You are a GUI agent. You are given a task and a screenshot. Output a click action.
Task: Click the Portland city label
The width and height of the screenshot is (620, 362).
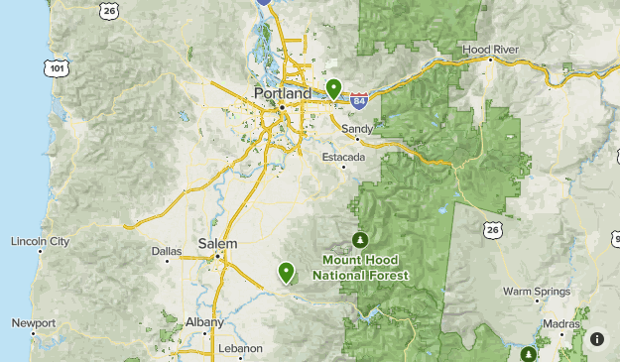coord(283,92)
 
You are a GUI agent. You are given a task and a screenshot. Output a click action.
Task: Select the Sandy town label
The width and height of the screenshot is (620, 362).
coord(357,129)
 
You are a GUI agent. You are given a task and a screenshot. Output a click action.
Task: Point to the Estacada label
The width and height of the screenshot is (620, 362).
coord(344,157)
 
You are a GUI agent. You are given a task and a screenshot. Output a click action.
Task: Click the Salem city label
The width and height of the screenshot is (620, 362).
coord(218,243)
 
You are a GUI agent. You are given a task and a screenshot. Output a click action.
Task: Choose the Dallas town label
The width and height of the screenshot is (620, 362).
coord(167,251)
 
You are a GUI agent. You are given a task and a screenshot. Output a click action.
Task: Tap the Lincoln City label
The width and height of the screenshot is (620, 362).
coord(40,241)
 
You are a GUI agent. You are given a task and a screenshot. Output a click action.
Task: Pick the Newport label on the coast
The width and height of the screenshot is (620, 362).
coord(34,323)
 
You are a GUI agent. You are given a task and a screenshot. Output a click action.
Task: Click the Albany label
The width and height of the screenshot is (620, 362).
coord(204,322)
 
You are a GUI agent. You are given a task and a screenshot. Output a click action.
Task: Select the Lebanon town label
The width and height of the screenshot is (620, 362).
coord(240,348)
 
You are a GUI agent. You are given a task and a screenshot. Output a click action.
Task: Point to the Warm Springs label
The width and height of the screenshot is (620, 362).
coord(536,292)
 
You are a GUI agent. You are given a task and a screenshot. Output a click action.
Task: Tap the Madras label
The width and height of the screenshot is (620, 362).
coord(561,324)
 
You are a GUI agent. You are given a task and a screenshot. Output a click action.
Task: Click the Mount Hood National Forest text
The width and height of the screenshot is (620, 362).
coord(363,268)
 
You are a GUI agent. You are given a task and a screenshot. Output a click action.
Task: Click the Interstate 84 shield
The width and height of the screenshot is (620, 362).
coord(359,100)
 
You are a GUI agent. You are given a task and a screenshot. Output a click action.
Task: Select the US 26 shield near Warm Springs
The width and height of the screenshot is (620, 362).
coord(493,230)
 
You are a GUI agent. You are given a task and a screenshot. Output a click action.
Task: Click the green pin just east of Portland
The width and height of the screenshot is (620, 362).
coord(334,88)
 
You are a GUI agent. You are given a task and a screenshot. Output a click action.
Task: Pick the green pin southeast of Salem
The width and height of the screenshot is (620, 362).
coord(287,271)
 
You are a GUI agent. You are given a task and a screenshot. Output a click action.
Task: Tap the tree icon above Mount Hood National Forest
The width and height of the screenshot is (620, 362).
coord(361,239)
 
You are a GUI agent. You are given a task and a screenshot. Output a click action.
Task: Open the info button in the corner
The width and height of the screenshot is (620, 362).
coord(597,338)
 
